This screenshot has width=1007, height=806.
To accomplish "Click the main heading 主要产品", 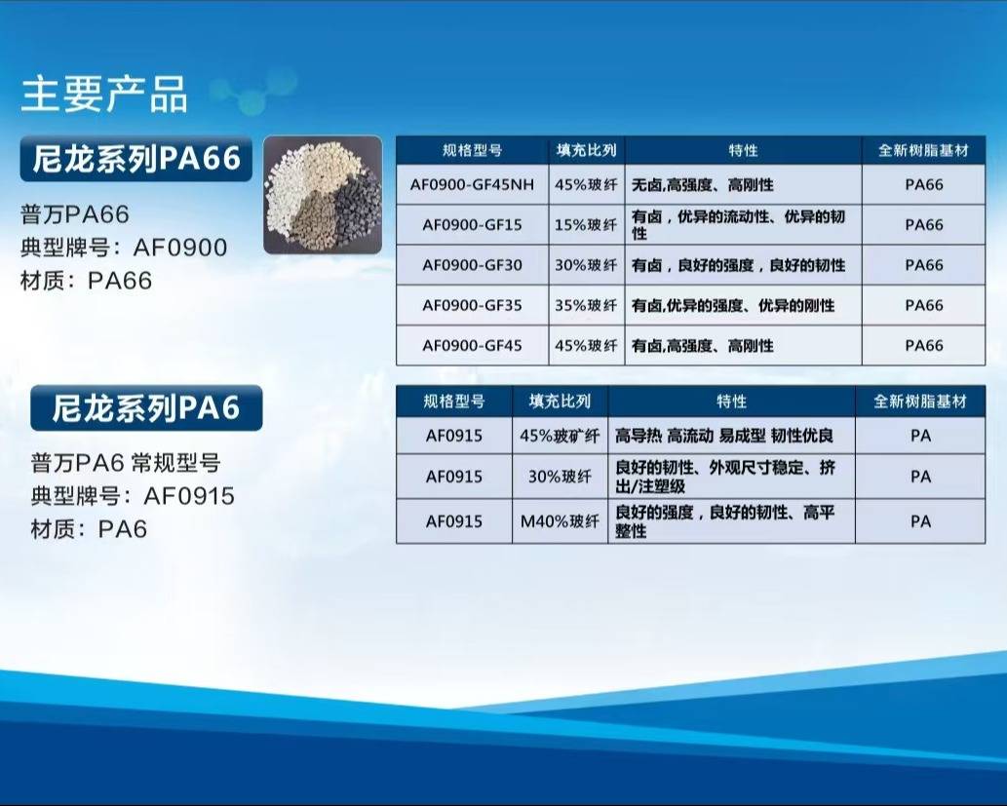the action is click(x=104, y=95).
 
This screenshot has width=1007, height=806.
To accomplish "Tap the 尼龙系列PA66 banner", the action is click(x=136, y=159).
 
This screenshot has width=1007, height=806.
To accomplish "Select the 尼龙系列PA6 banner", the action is click(x=146, y=407).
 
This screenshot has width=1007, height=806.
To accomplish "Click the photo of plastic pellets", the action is click(x=323, y=195).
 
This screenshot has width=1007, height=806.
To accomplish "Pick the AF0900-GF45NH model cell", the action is click(x=472, y=185).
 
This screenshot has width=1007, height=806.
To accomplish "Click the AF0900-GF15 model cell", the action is click(x=472, y=225).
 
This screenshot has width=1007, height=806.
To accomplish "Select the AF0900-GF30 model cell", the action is click(x=472, y=265).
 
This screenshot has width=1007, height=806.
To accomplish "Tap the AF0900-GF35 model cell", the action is click(x=472, y=305).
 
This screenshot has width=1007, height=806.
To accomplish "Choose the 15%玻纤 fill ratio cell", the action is click(x=586, y=225).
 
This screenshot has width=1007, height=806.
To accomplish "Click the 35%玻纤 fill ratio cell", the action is click(x=586, y=305).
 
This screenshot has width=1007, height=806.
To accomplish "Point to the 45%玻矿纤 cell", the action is click(x=560, y=436).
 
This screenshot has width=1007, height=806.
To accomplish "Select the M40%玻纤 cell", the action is click(x=560, y=521).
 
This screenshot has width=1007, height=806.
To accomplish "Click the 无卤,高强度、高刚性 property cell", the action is click(x=743, y=185).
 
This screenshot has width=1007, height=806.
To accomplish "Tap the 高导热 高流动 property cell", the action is click(x=731, y=436).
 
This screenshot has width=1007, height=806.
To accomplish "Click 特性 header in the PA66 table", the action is click(x=743, y=150).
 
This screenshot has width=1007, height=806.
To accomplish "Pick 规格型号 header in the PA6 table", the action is click(x=454, y=402).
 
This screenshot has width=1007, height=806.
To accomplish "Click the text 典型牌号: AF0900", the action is click(x=124, y=248).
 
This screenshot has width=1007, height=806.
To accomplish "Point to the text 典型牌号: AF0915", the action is click(x=133, y=496).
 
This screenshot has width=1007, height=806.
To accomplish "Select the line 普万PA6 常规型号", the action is click(x=126, y=462).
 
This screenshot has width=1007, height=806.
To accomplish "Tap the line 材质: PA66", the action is click(x=87, y=281).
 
